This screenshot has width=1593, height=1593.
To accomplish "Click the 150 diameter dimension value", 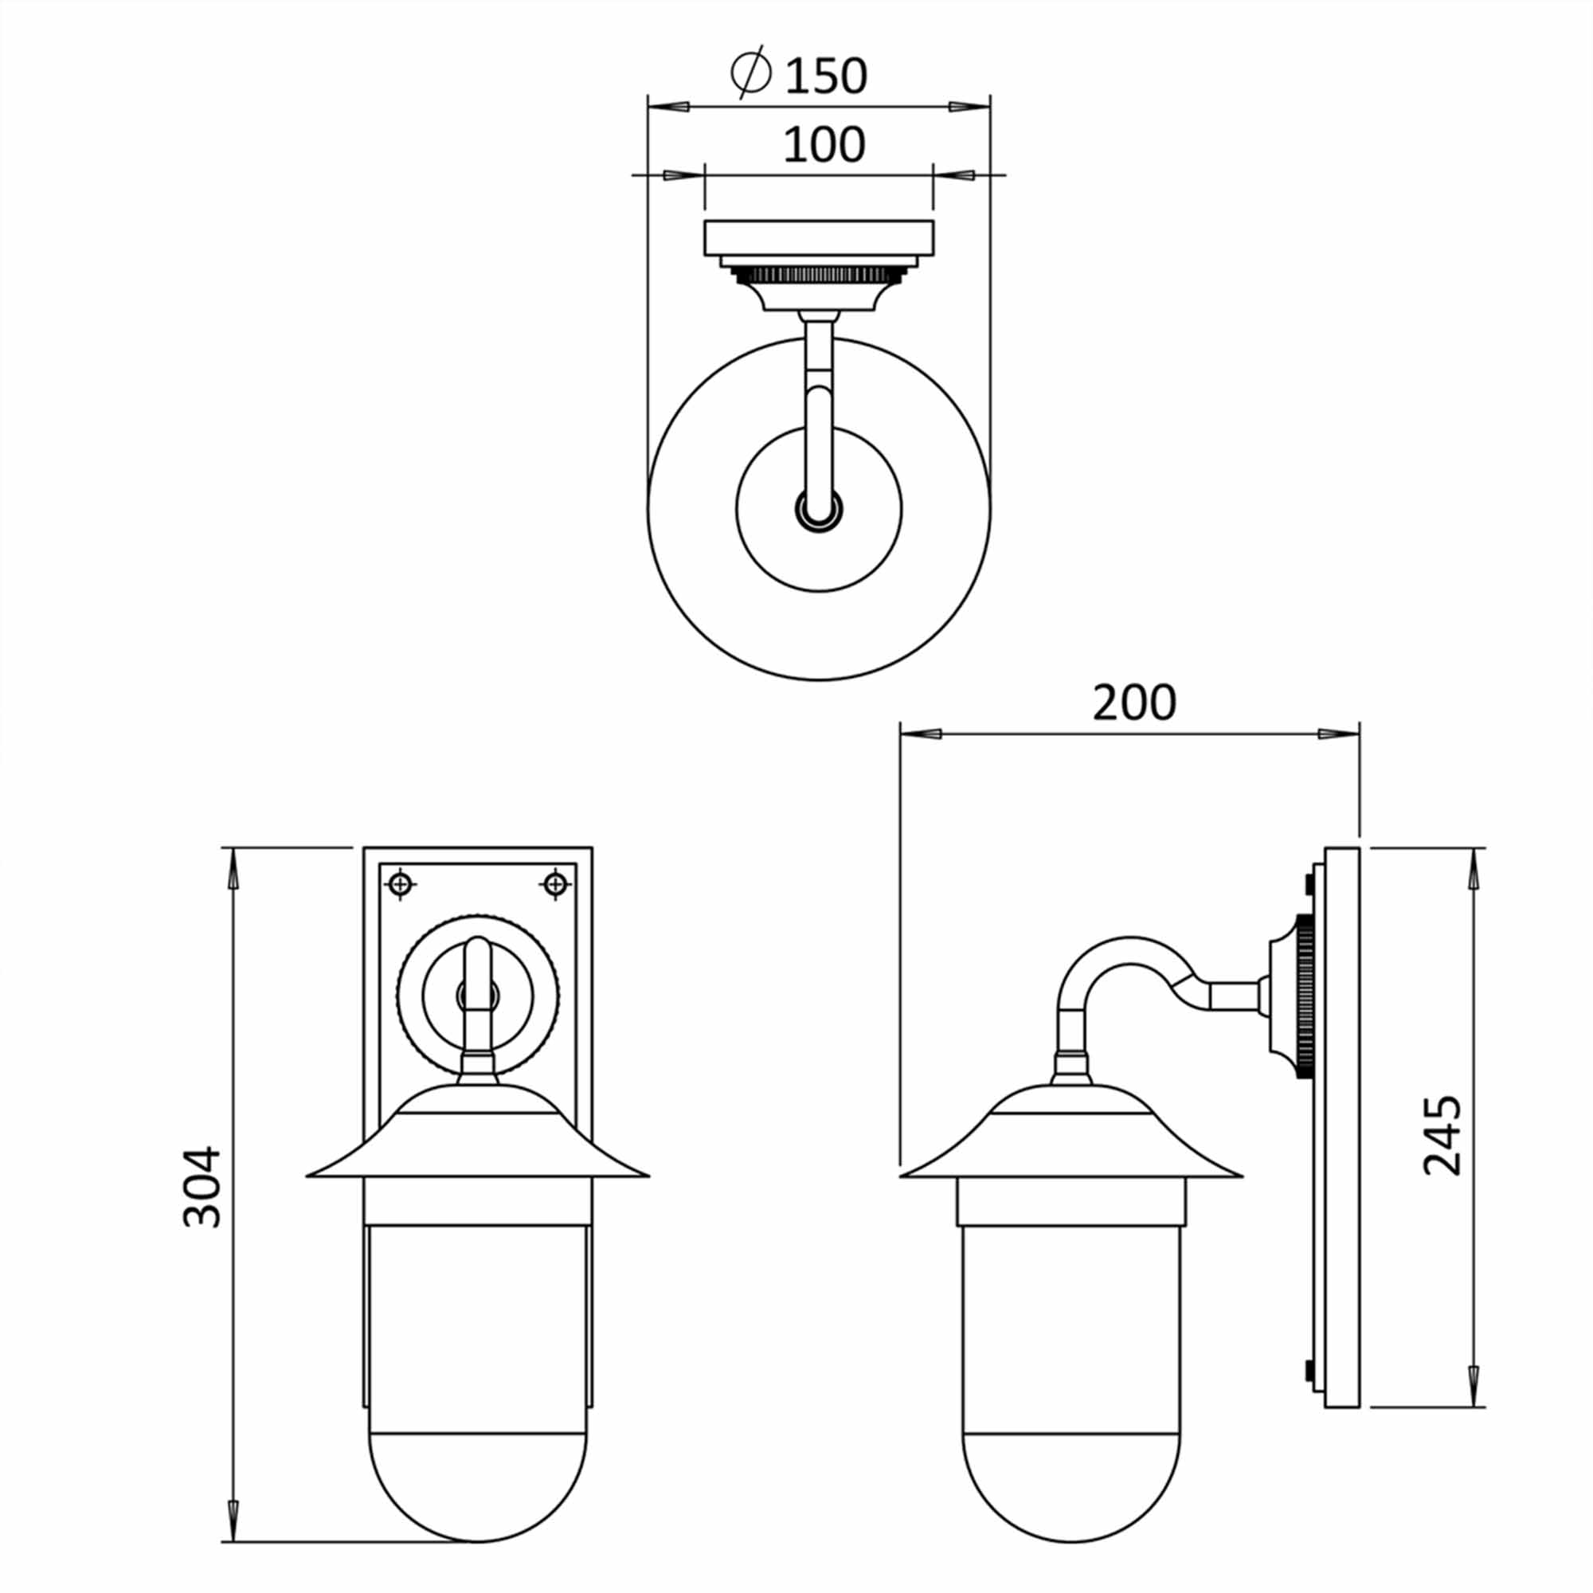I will click(825, 76).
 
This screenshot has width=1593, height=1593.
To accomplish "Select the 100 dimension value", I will click(824, 146).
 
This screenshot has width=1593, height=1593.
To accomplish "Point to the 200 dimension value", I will click(1133, 703).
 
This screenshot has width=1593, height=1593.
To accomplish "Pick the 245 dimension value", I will click(1442, 1134).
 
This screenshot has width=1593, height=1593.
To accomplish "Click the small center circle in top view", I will click(819, 511).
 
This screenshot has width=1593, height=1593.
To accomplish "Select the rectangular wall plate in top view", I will click(819, 237).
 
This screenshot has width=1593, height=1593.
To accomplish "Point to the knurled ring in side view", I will click(1305, 1000).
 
